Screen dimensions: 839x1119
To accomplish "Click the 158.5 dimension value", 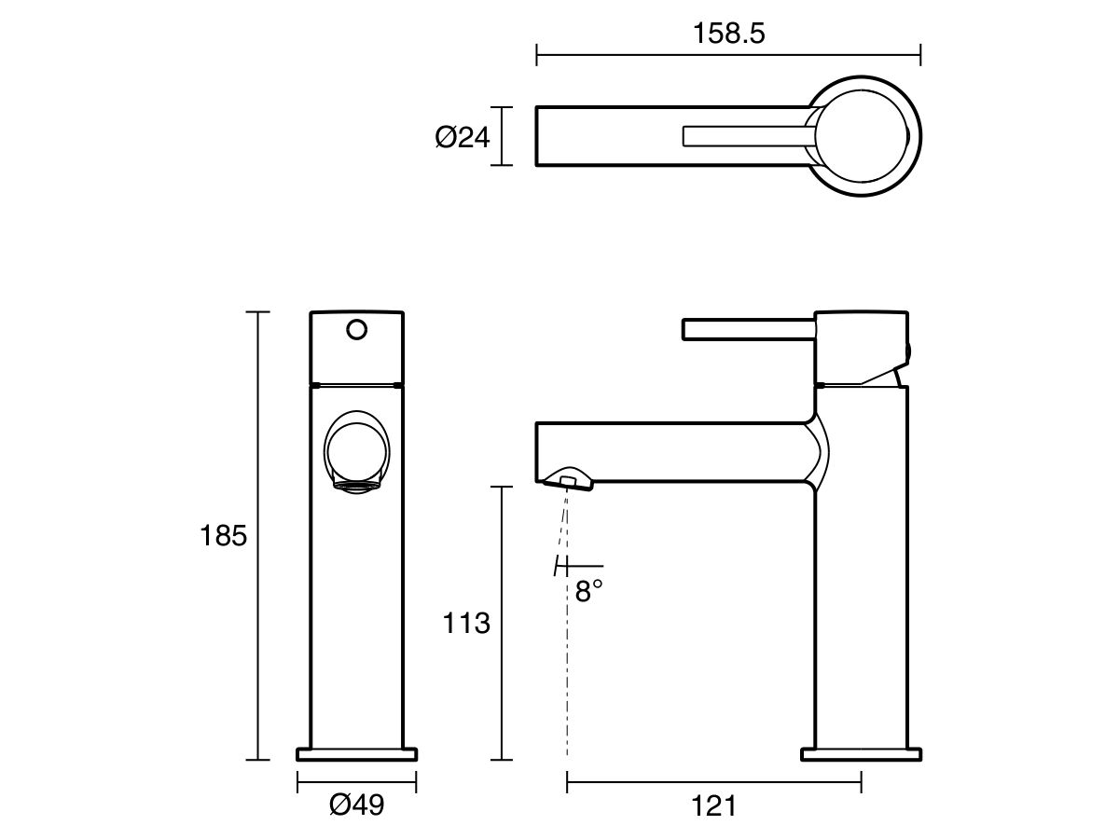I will coord(728,34).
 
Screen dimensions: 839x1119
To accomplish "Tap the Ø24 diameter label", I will coord(462,138).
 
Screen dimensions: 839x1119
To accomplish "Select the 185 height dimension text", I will coord(224,536).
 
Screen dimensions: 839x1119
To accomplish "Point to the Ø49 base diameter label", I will coord(356,805).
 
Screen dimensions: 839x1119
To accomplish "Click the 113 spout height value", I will coord(465,623).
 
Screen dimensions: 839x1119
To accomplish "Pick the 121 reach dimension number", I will coord(715,805).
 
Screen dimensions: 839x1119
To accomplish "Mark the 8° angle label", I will coord(588,591).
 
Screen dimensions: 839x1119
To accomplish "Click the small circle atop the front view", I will coord(356,329).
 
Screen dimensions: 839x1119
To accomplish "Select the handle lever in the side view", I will coord(746,330).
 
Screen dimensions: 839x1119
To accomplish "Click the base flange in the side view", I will coord(862,753).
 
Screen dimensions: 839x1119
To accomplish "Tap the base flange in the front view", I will coord(356,753).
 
